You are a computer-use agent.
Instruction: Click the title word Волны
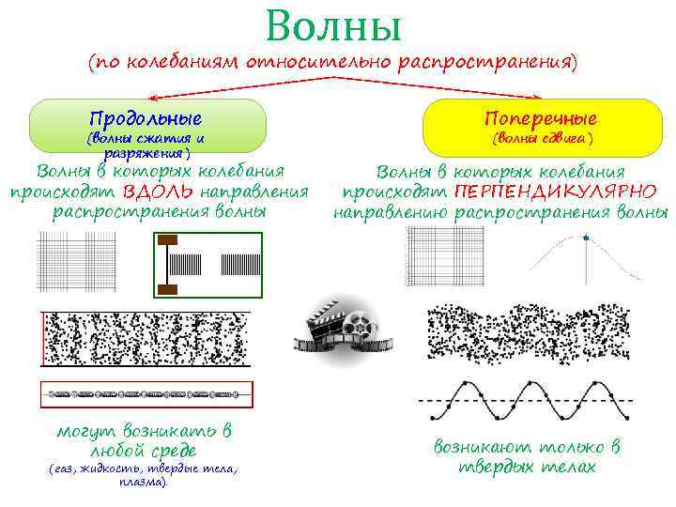coord(333,26)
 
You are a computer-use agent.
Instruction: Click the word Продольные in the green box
coord(146,119)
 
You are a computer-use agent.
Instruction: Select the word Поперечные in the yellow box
coord(541,119)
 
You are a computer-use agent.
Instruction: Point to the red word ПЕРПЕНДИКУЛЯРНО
coord(555,192)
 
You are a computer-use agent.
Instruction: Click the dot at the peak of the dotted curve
coord(587,238)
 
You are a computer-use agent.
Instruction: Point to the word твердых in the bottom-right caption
coord(495,468)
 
